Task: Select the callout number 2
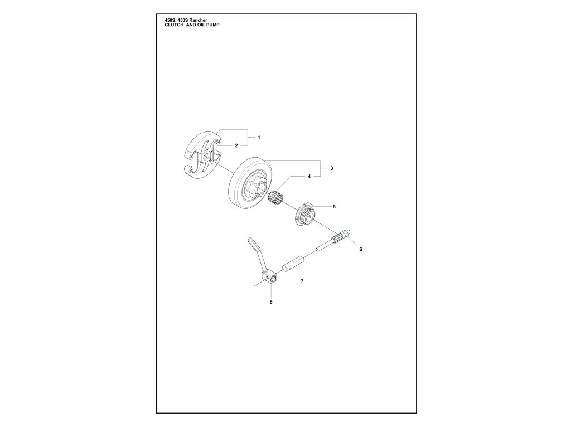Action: (236, 145)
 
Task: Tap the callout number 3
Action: (332, 168)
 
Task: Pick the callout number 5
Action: (334, 206)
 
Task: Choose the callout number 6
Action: (360, 249)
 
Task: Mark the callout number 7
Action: (302, 281)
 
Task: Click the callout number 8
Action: (272, 302)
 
